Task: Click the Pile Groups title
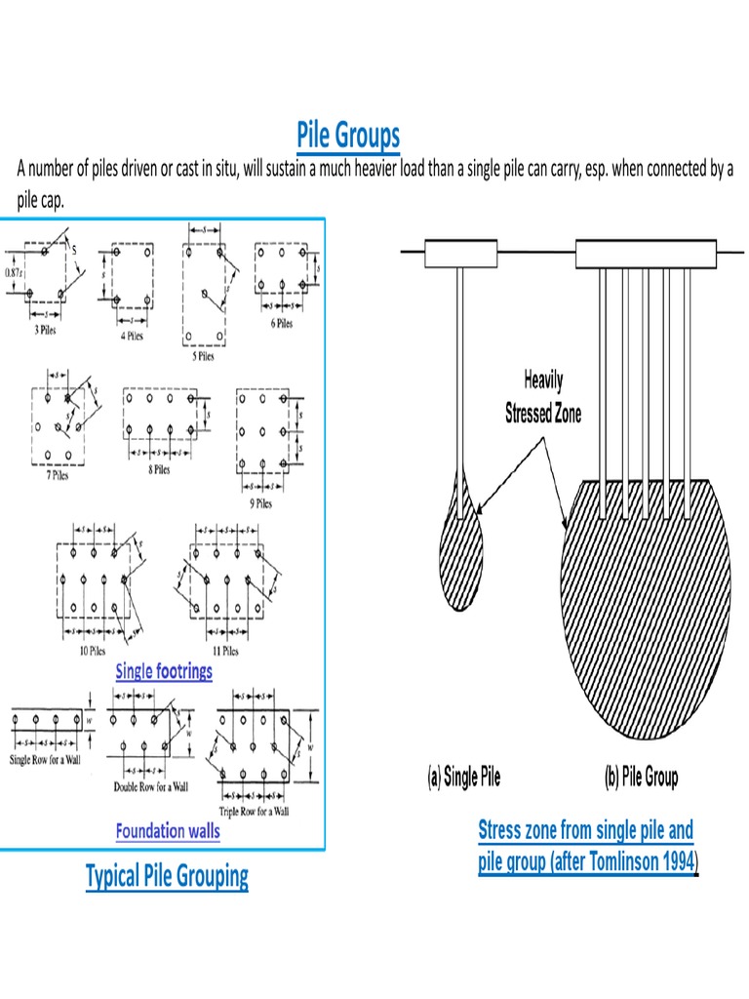tap(348, 135)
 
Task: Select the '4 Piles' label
tap(132, 335)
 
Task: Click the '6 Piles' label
tap(282, 323)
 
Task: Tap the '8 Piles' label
tap(159, 468)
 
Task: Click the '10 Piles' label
tap(93, 651)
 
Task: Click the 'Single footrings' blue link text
tap(164, 671)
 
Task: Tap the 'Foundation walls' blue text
tap(168, 831)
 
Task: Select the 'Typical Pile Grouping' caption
tap(167, 876)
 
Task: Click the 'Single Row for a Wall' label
tap(48, 759)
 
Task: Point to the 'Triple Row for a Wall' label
tap(256, 811)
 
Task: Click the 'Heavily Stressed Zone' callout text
tap(543, 397)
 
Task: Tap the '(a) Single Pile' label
tap(461, 778)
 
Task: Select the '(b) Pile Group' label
tap(637, 778)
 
